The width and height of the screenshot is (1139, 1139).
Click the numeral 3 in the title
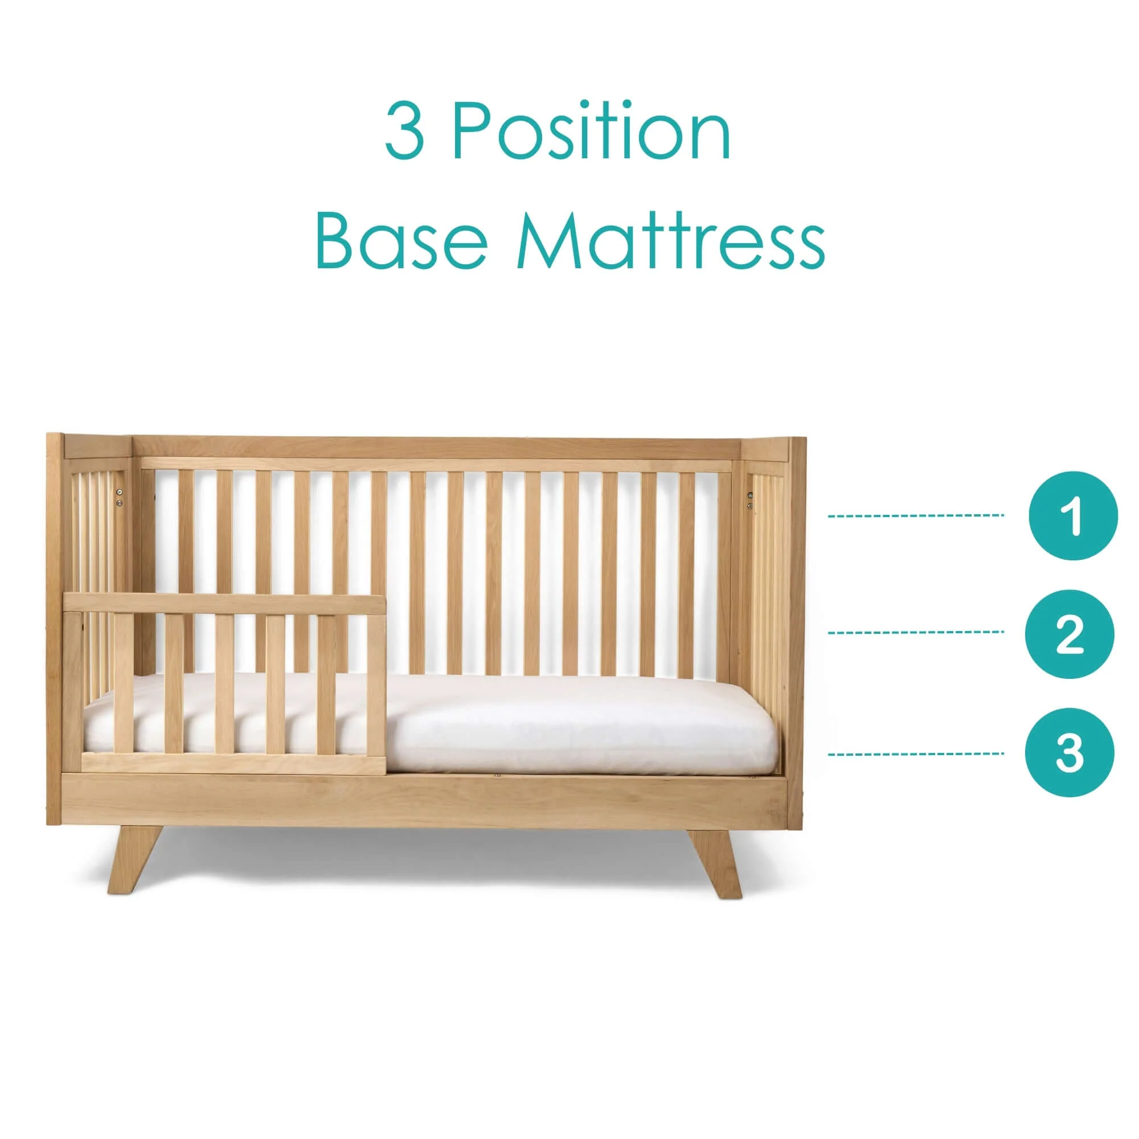(x=404, y=131)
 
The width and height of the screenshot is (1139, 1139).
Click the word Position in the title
(x=591, y=130)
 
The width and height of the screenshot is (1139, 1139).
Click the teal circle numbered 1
(x=1073, y=515)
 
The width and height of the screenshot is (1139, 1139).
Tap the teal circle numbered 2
(x=1070, y=634)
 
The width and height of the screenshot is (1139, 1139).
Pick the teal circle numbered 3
(x=1070, y=753)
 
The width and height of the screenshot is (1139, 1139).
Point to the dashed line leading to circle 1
(x=916, y=516)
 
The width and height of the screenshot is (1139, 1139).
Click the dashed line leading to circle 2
(x=916, y=633)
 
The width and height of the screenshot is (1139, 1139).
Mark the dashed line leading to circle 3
(x=916, y=754)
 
